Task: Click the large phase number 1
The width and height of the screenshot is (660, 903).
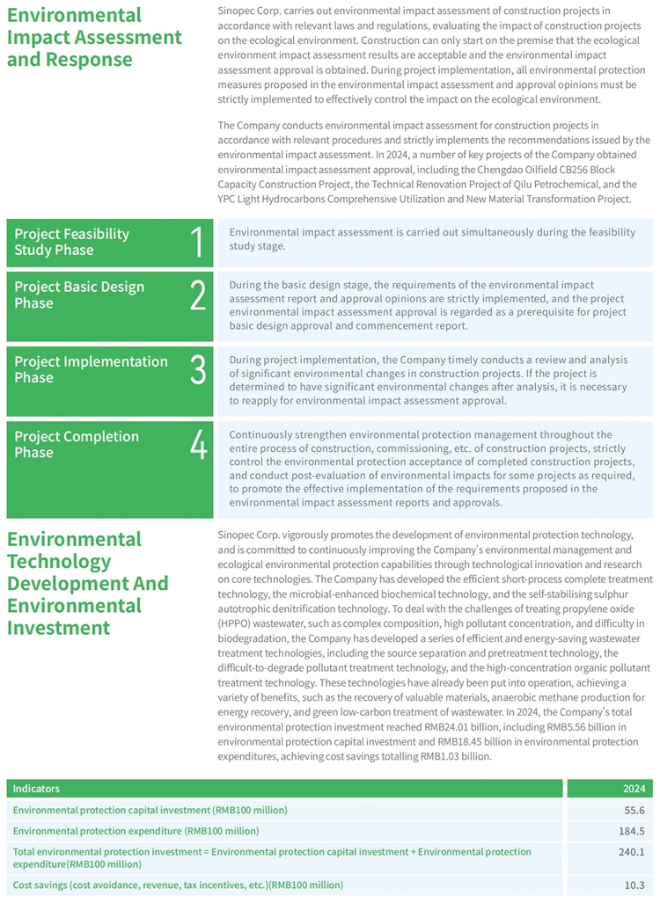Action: point(198,243)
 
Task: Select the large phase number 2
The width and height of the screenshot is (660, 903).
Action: point(198,295)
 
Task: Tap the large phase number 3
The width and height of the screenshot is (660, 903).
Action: point(198,370)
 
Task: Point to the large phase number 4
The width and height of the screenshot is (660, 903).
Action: point(198,445)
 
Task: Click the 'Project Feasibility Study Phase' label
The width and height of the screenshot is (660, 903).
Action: point(71,242)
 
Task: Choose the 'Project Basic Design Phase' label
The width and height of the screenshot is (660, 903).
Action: point(79,295)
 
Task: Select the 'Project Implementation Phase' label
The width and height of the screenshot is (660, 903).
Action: point(91,369)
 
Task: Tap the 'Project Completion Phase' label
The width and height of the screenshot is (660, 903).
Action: point(77,444)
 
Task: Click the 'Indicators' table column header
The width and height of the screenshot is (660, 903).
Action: point(36,789)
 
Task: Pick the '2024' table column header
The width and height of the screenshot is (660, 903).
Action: point(634,789)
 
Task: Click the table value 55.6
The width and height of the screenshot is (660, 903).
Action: point(634,810)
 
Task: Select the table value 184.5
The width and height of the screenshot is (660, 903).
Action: point(632,831)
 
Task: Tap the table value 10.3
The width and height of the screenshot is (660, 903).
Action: point(634,885)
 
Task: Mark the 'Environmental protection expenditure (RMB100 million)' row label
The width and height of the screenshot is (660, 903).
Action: point(136,831)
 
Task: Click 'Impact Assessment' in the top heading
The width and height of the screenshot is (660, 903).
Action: point(94,38)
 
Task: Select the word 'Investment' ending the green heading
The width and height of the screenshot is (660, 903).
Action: point(58,627)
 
